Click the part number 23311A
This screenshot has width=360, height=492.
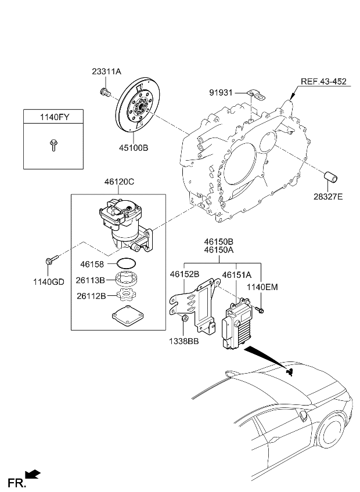[106, 72]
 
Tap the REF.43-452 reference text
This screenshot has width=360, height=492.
[323, 81]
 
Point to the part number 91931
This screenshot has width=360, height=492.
[221, 92]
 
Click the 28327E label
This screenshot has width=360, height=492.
[329, 197]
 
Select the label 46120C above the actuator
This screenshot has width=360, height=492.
[119, 182]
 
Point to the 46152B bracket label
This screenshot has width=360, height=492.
[185, 274]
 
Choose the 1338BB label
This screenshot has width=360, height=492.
[185, 342]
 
